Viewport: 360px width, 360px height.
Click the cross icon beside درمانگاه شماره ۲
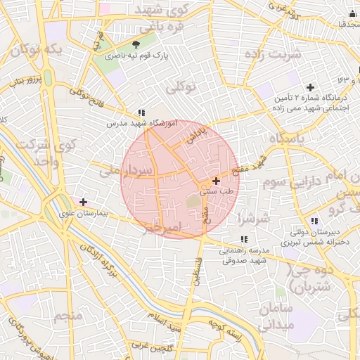[310, 86]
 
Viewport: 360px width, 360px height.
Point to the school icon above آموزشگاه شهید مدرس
[141, 112]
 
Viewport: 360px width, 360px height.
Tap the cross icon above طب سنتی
[215, 181]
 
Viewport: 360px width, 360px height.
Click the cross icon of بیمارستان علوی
[83, 202]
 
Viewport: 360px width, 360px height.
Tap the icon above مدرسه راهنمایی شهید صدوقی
[243, 240]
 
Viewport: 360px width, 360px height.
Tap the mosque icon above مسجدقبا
[352, 13]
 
